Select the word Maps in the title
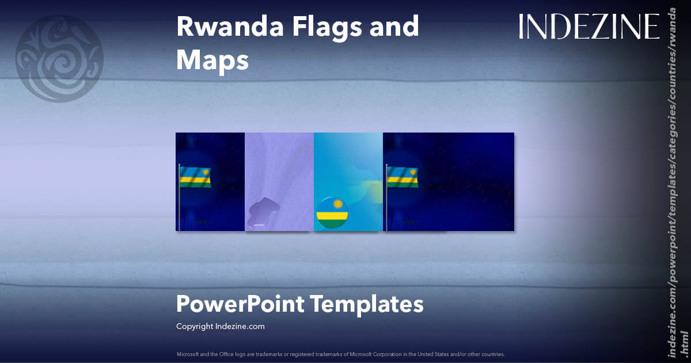click(212, 59)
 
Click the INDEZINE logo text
click(589, 27)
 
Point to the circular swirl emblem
click(59, 59)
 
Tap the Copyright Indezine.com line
click(220, 326)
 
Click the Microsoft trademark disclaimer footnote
click(340, 353)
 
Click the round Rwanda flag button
click(332, 212)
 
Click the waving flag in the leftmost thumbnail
click(196, 177)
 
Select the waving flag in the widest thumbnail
click(403, 177)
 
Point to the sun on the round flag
click(339, 204)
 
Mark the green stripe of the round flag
click(332, 223)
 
